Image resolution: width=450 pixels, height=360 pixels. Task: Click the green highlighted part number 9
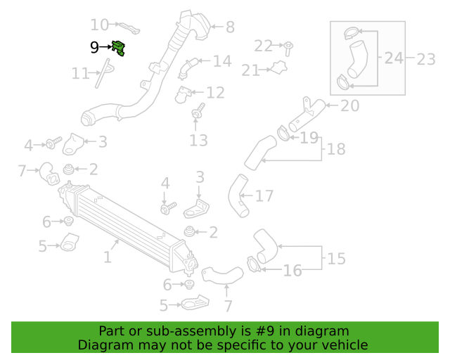click(119, 48)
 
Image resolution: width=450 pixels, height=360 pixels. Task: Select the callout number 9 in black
click(94, 47)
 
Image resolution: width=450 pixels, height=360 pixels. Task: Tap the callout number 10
click(100, 25)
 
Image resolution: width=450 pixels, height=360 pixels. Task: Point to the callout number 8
click(230, 27)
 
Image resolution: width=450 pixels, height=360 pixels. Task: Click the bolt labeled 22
click(288, 49)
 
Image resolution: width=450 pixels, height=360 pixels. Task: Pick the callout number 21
click(250, 70)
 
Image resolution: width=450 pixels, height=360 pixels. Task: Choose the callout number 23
click(426, 59)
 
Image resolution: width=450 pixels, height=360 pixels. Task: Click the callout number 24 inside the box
click(394, 58)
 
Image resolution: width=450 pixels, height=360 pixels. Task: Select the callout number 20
click(350, 105)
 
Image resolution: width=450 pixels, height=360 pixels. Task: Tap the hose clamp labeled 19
click(284, 134)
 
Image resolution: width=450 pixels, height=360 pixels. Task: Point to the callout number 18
click(336, 149)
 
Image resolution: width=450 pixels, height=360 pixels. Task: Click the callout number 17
click(264, 196)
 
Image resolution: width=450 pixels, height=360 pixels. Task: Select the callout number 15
click(336, 259)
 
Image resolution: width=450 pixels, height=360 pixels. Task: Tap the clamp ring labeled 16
click(254, 264)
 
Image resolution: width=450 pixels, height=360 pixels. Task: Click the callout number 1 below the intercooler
click(108, 257)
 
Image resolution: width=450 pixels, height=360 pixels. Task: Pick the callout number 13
click(198, 141)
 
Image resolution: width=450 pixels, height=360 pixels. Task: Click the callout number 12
click(215, 93)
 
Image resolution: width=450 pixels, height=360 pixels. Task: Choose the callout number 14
click(222, 61)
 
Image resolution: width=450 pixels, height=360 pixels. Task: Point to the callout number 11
click(80, 74)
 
